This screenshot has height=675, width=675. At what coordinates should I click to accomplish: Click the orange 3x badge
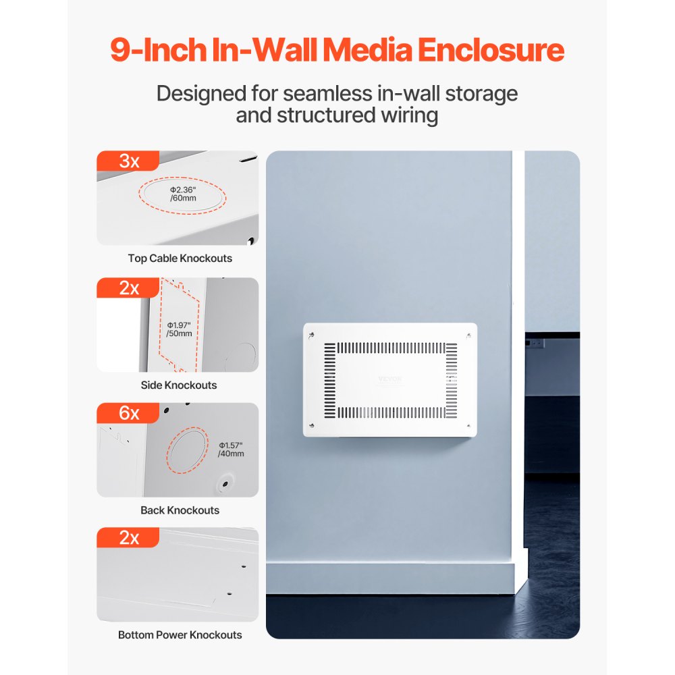pos(128,161)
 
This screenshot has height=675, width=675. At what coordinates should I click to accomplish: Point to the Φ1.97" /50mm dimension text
pos(179,329)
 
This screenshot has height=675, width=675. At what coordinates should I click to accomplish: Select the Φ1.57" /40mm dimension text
pos(231,450)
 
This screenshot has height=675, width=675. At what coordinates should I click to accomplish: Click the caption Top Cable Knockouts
pos(180,258)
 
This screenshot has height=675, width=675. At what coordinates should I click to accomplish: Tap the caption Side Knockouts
pos(179,385)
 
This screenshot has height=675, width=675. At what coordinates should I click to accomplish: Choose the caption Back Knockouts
pos(180,510)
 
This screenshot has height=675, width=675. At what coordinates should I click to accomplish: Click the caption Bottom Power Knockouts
pos(180,634)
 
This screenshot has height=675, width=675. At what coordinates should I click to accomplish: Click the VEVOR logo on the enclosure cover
pos(390,379)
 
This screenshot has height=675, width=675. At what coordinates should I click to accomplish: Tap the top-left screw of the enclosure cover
pos(311,335)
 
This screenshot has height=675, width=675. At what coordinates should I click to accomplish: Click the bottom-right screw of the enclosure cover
pos(468,425)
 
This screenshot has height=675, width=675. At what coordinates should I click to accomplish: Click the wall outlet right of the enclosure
pos(537,344)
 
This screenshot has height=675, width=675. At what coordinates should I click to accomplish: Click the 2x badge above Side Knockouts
pos(128,288)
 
